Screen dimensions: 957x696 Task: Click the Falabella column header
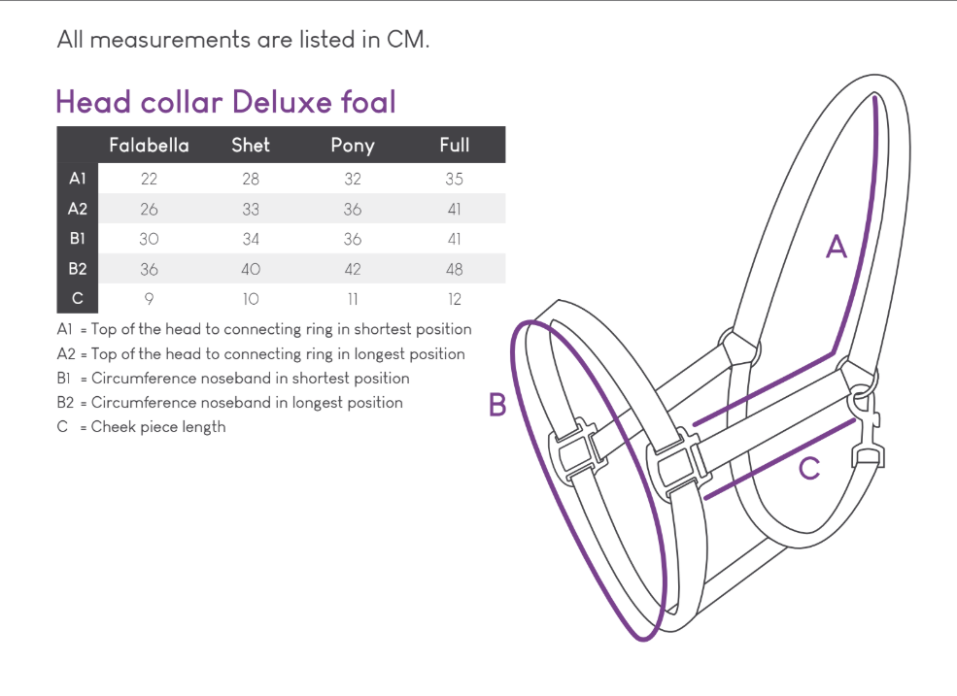coord(149,146)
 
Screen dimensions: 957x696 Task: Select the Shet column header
coord(251,146)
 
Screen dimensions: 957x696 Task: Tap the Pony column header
coord(353,146)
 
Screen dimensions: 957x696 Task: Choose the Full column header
coord(455,146)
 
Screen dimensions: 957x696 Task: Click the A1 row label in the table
coord(78,178)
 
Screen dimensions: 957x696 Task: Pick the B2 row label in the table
coord(78,268)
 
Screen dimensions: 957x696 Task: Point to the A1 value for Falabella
coord(149,179)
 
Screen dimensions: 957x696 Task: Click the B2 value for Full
coord(454,269)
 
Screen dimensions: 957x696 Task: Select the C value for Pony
coord(353,299)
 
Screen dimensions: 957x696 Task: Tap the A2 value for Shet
coord(251,210)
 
